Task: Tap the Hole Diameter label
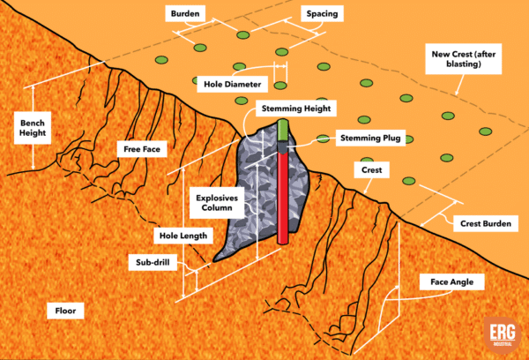[x=228, y=84]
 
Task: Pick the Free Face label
[x=142, y=149]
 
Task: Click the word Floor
[x=64, y=311]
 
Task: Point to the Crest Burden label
[x=483, y=224]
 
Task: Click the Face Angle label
[x=452, y=282]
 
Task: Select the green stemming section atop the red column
[x=283, y=131]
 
